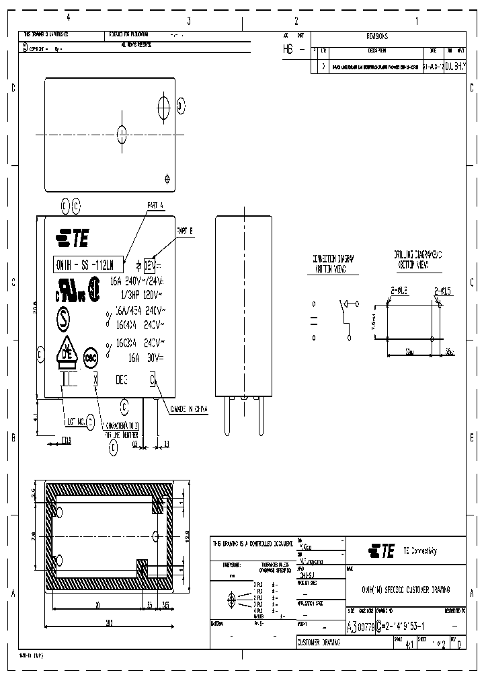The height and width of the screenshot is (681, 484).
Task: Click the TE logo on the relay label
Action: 72,238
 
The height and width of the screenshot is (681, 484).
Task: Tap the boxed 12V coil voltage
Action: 153,265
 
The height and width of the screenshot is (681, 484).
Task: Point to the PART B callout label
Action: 185,230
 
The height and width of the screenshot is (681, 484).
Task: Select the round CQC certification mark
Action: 90,359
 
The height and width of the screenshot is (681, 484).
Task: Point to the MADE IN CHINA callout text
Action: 190,408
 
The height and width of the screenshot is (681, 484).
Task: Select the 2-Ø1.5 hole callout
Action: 442,290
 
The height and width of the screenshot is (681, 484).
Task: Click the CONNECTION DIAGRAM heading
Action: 333,262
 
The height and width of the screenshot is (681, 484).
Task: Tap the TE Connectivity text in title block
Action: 419,550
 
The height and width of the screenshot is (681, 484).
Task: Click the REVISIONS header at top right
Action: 376,36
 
